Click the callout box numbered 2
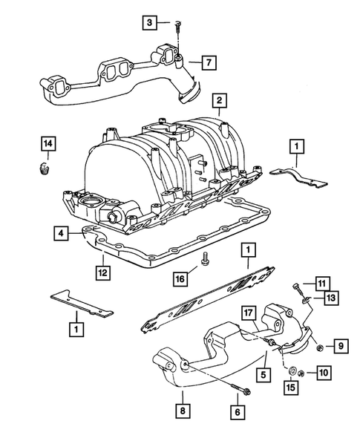point(217,99)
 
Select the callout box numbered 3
point(151,23)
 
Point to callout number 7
point(210,61)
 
